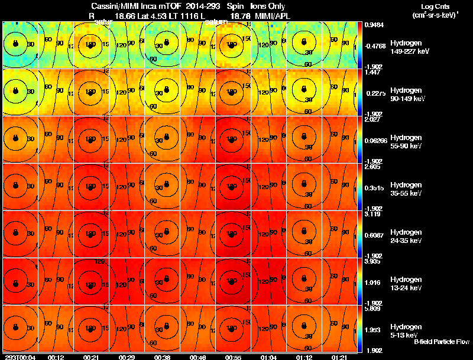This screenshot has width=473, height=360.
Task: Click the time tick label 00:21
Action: [x=90, y=357]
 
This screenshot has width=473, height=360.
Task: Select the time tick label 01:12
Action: [x=304, y=357]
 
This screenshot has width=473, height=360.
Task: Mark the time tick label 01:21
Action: [x=339, y=357]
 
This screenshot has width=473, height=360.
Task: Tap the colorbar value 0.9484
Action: [x=374, y=25]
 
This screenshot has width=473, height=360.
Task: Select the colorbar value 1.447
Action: [x=372, y=72]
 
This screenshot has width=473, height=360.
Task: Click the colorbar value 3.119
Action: [x=372, y=213]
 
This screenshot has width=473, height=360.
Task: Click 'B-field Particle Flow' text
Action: [x=441, y=342]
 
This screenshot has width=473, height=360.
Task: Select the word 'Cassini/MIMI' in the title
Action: [x=112, y=6]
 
